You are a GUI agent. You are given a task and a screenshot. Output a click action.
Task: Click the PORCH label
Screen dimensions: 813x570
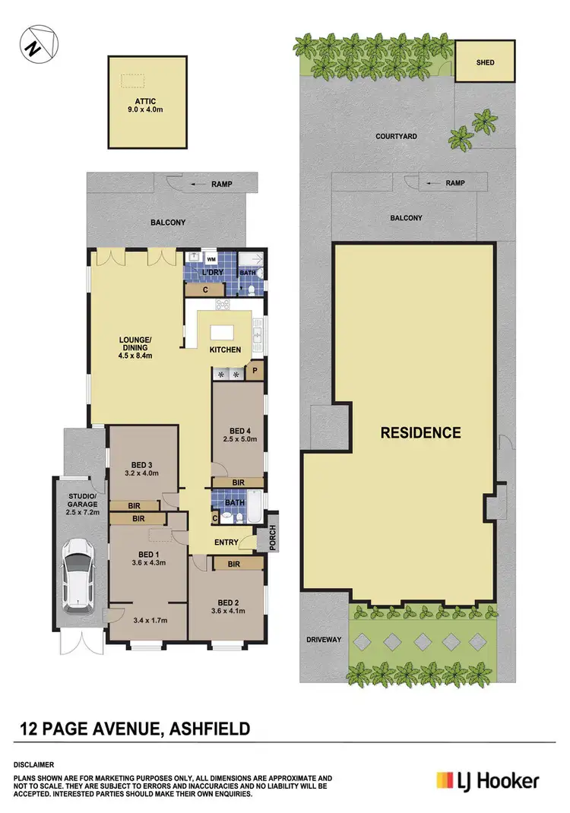[271, 538]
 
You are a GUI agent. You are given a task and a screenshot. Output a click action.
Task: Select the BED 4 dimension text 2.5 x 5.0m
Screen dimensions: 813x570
[238, 438]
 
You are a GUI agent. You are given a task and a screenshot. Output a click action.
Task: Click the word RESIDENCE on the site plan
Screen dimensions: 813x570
[420, 432]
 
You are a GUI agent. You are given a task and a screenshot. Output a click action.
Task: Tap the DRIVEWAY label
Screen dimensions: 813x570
[324, 640]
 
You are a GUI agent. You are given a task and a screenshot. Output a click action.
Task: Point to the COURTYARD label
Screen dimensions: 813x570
[397, 137]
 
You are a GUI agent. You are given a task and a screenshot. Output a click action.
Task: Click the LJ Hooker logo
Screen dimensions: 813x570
[487, 780]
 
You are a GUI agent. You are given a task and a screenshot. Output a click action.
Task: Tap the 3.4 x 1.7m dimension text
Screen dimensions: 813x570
[147, 621]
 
